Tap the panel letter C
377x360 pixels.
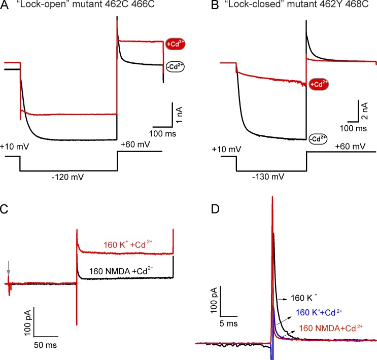click(x=6, y=208)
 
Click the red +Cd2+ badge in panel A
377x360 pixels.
click(x=175, y=44)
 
